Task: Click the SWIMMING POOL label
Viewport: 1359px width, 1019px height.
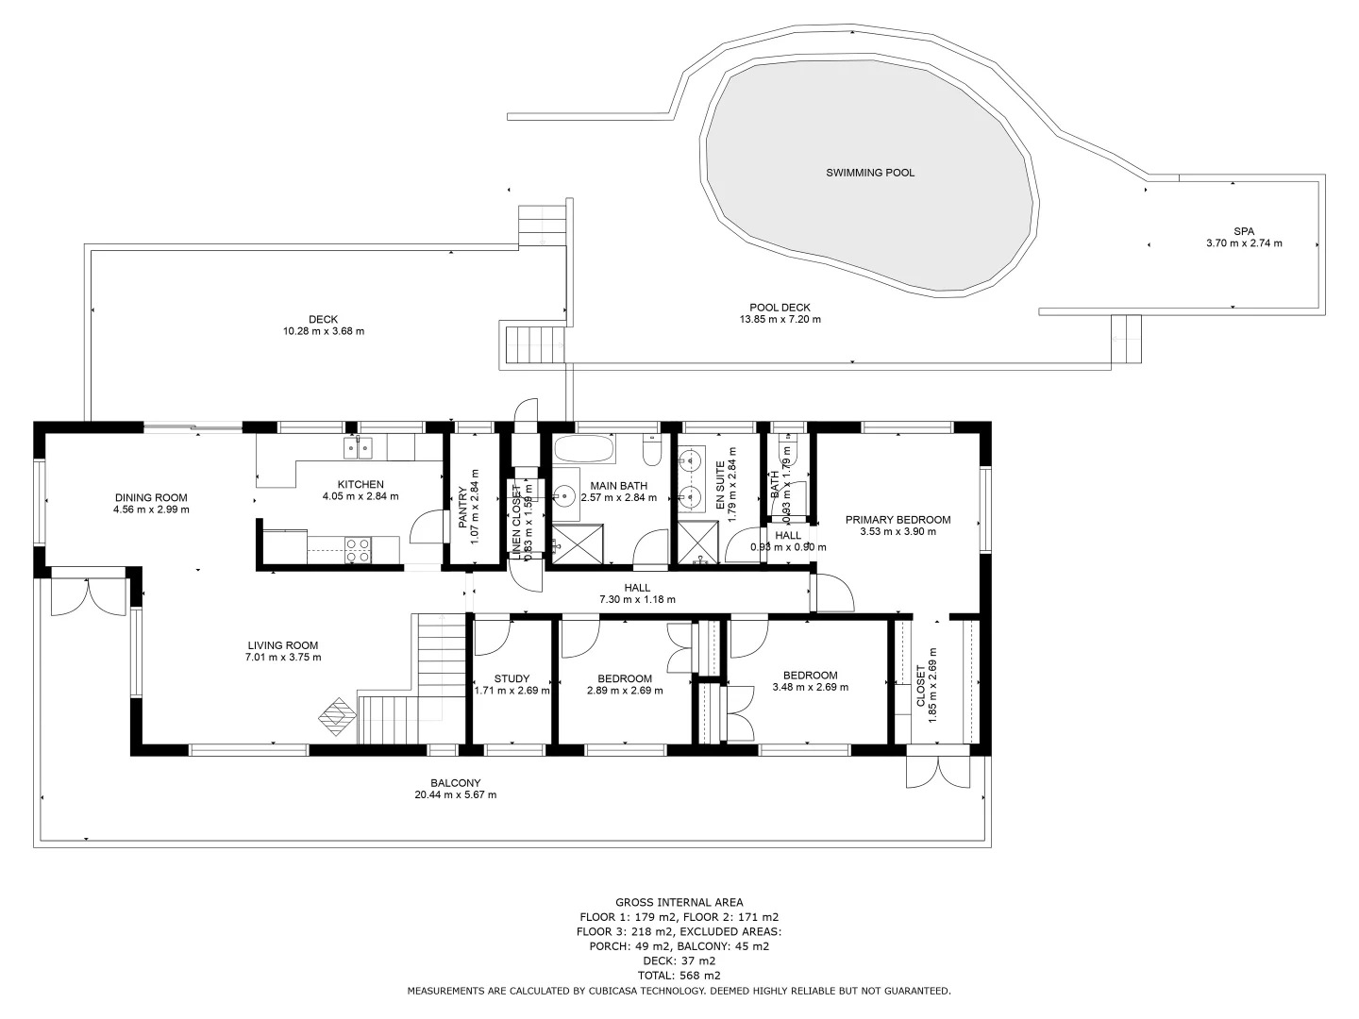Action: coord(869,173)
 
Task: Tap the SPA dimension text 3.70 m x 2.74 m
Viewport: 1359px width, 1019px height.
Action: coord(1243,243)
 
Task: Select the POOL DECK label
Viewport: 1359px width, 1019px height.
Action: coord(780,308)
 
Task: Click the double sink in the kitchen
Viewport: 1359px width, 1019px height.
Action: coord(358,447)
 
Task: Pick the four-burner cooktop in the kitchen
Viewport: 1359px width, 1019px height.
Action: coord(359,550)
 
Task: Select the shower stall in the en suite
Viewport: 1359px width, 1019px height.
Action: coord(698,545)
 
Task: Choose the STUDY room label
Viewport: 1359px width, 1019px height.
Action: coord(512,678)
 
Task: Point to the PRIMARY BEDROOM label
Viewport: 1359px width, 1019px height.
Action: coord(898,520)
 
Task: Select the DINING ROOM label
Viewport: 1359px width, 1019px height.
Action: coord(151,498)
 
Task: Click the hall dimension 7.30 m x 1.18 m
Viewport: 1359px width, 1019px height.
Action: coord(637,599)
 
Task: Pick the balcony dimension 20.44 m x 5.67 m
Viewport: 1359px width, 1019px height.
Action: coord(455,794)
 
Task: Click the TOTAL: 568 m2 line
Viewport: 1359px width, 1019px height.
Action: coord(679,976)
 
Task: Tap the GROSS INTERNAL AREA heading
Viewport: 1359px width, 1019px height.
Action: coord(679,902)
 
